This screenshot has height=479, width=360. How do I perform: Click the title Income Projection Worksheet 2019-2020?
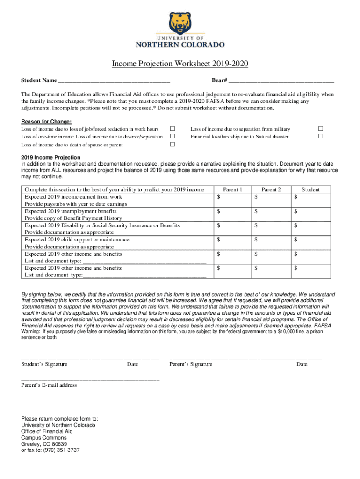click(x=180, y=64)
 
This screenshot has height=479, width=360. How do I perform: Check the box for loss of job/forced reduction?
click(x=172, y=129)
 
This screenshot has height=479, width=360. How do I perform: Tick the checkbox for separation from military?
click(x=321, y=129)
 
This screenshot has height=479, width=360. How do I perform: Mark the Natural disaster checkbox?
click(x=321, y=137)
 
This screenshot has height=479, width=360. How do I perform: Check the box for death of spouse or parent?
click(x=172, y=145)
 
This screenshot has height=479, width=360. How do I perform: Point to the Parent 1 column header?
click(x=232, y=189)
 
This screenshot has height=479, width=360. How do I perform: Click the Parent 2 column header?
click(x=271, y=189)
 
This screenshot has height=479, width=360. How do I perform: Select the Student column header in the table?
click(x=310, y=189)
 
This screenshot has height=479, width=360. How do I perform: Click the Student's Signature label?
click(x=44, y=364)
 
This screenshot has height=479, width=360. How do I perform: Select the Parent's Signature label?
click(x=191, y=364)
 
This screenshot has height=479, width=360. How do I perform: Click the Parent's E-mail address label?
click(x=49, y=385)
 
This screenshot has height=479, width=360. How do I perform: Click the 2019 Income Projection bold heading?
click(x=50, y=157)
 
